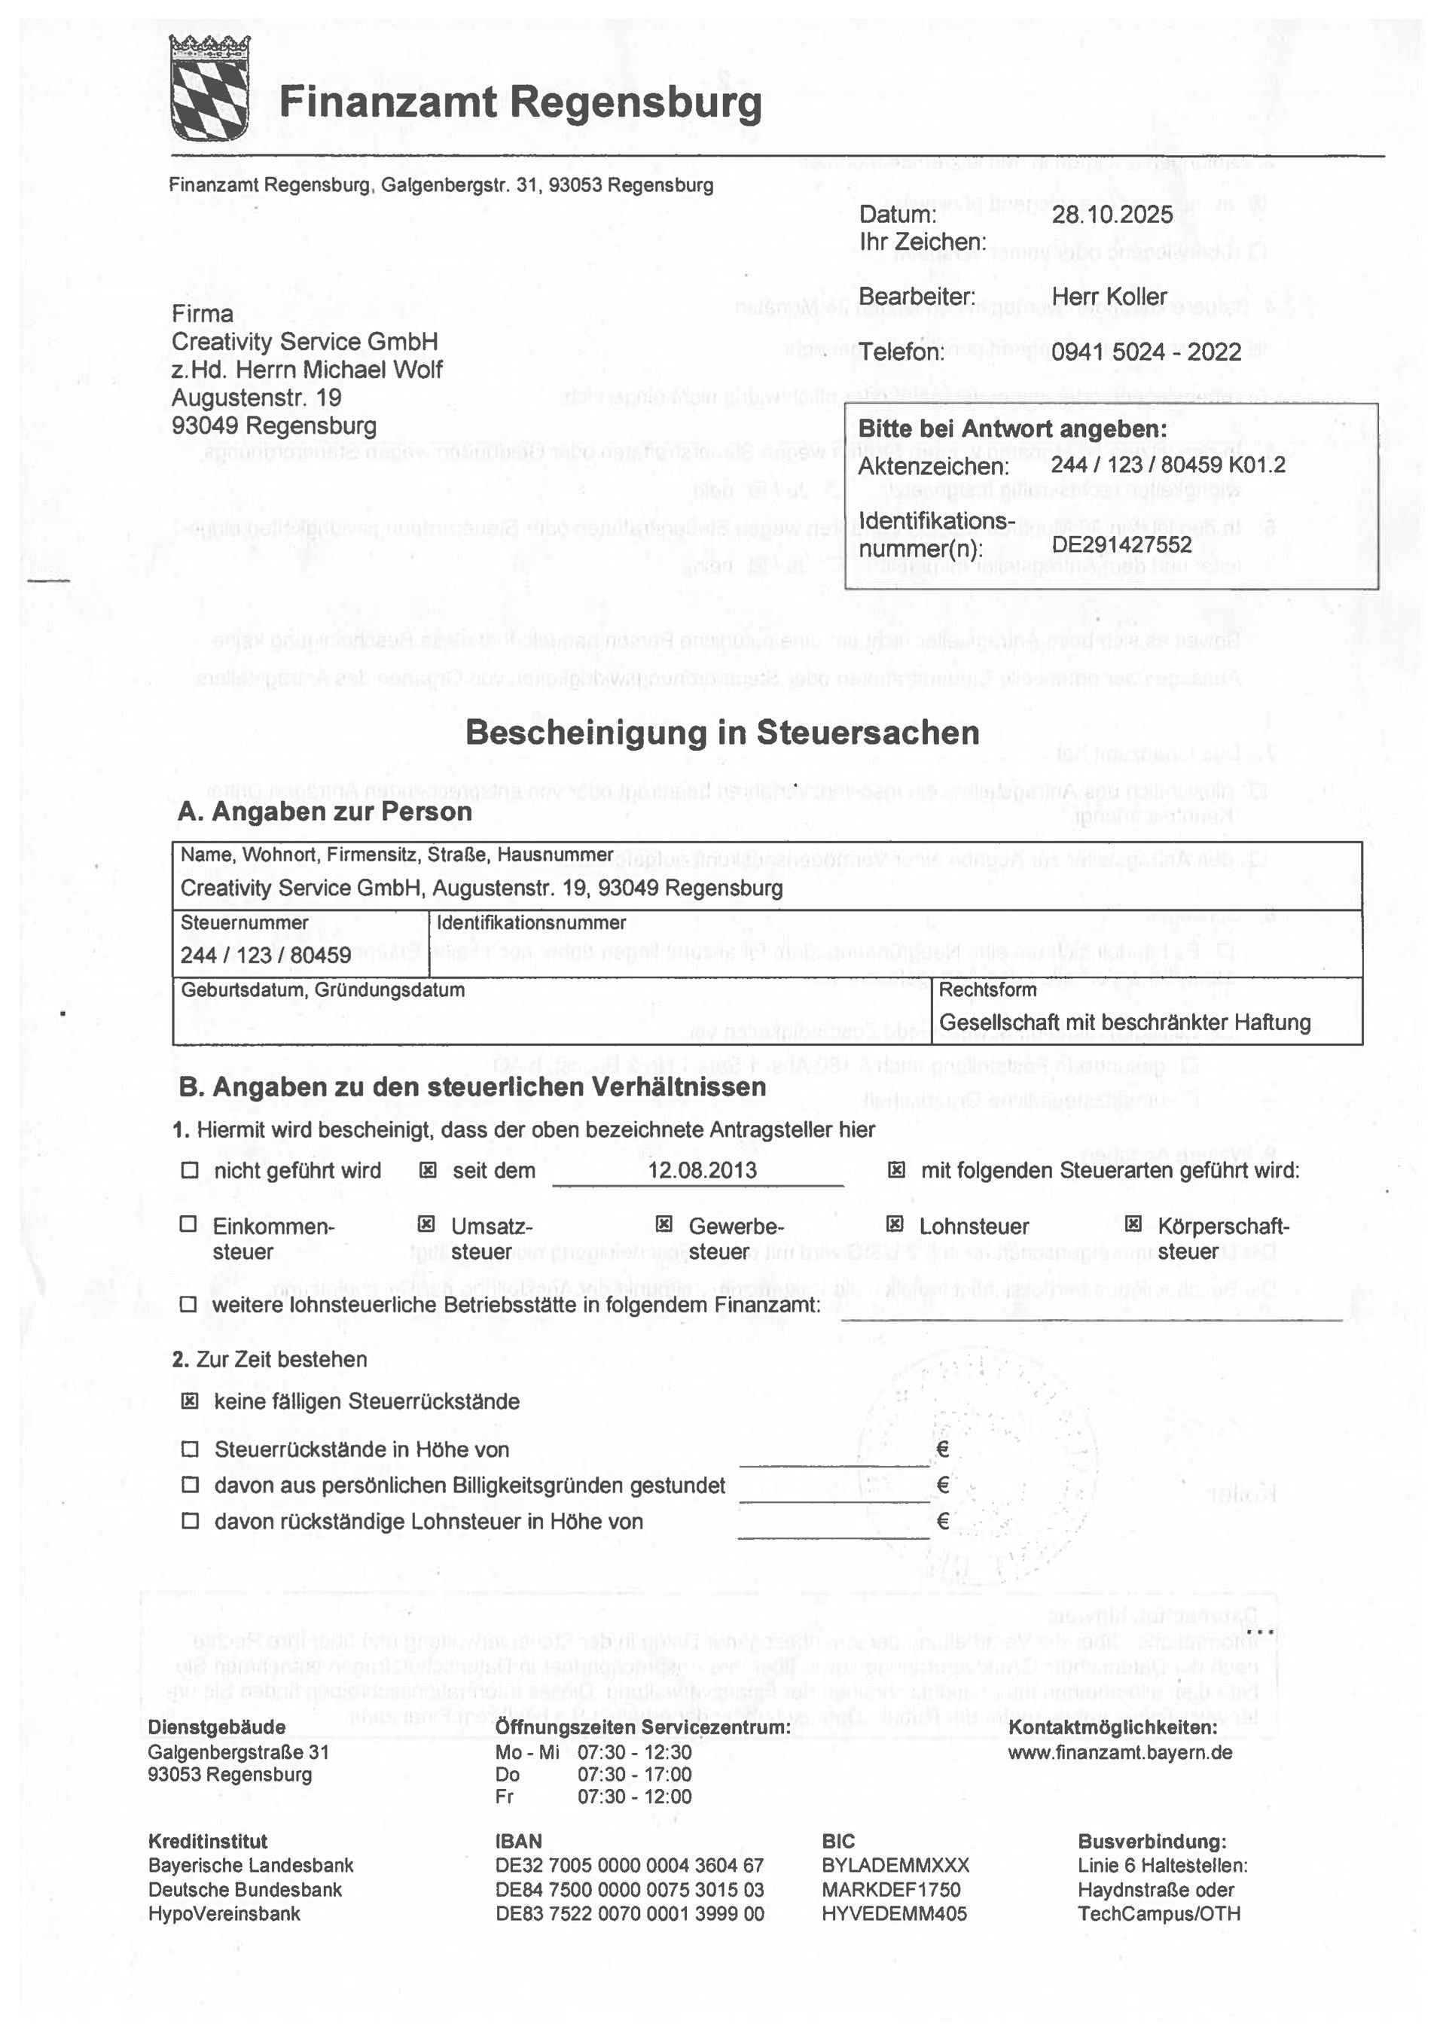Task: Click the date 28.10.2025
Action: tap(1112, 215)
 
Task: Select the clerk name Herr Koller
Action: tap(1109, 297)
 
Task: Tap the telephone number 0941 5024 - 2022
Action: tap(1146, 352)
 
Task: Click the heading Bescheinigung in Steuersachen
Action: tap(722, 733)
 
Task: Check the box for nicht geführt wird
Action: tap(190, 1171)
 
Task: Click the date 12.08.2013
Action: tap(703, 1169)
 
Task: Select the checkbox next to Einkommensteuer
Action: tap(188, 1225)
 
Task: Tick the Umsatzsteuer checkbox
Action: tap(426, 1225)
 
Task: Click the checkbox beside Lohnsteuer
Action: tap(895, 1225)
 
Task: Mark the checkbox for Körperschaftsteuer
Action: tap(1133, 1225)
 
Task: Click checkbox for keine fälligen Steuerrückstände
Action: tap(190, 1401)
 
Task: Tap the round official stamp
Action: tap(976, 1460)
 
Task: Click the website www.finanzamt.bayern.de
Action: tap(1120, 1753)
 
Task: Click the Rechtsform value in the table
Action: tap(1124, 1022)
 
